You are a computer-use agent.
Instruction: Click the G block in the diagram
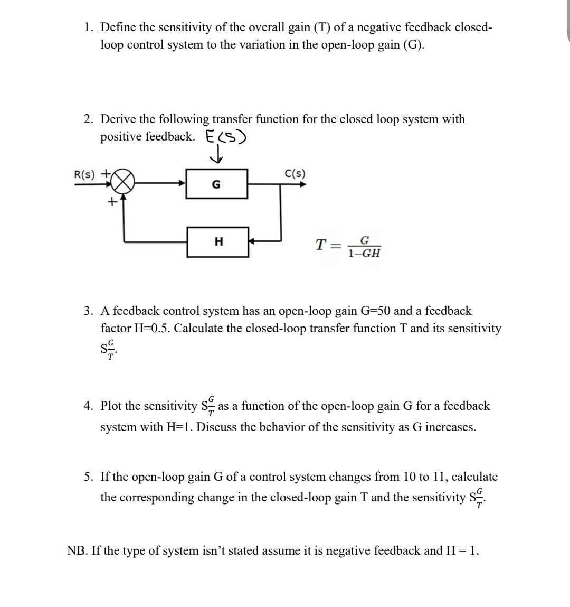tap(216, 184)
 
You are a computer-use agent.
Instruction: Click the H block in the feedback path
tap(218, 242)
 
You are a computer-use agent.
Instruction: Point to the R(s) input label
tap(84, 174)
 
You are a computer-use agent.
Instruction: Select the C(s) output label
tap(294, 173)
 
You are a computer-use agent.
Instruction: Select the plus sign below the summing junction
tap(111, 201)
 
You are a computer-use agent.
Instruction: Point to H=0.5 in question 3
tap(153, 328)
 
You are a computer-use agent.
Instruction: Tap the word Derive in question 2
tap(118, 119)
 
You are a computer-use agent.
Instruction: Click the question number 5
tap(89, 477)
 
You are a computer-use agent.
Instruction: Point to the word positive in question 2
tap(121, 136)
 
